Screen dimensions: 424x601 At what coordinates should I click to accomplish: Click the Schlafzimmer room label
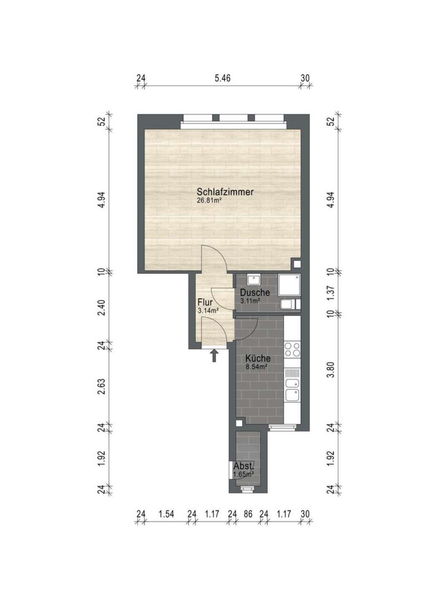pyautogui.click(x=225, y=191)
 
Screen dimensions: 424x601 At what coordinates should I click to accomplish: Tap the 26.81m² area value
pyautogui.click(x=209, y=200)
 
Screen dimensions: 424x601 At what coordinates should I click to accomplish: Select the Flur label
pyautogui.click(x=205, y=302)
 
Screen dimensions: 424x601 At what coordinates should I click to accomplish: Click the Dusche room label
pyautogui.click(x=255, y=293)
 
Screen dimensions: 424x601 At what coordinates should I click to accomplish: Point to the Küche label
pyautogui.click(x=258, y=359)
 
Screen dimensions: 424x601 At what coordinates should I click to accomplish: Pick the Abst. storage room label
pyautogui.click(x=243, y=466)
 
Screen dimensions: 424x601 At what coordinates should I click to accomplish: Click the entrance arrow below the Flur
pyautogui.click(x=215, y=355)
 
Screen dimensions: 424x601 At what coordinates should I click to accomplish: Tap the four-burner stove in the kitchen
pyautogui.click(x=292, y=349)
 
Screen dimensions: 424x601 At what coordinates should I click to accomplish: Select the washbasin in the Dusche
pyautogui.click(x=254, y=279)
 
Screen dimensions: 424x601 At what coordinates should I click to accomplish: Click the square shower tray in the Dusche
pyautogui.click(x=289, y=285)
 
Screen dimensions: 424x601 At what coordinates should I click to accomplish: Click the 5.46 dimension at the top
pyautogui.click(x=222, y=78)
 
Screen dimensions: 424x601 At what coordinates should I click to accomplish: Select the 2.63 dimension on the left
pyautogui.click(x=102, y=387)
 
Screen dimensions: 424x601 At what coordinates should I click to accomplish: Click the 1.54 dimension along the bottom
pyautogui.click(x=167, y=514)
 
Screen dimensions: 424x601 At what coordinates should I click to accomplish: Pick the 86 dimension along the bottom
pyautogui.click(x=248, y=514)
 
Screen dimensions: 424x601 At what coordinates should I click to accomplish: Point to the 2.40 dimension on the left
pyautogui.click(x=102, y=308)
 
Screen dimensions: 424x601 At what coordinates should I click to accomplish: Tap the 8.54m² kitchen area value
pyautogui.click(x=256, y=367)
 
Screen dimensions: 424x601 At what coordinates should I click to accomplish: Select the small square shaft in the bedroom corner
pyautogui.click(x=296, y=264)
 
